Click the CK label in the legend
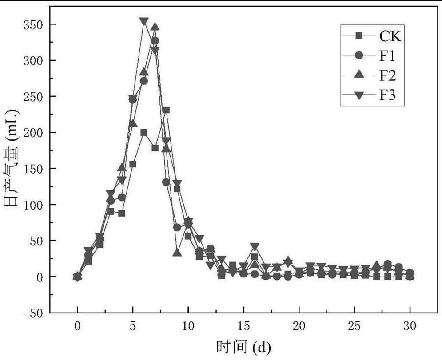click(x=390, y=36)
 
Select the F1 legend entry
click(x=387, y=56)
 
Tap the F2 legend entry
click(x=387, y=76)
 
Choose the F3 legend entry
click(x=387, y=96)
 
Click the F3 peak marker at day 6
click(x=144, y=21)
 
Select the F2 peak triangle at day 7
click(x=155, y=27)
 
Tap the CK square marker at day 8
click(x=166, y=110)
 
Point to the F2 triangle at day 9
click(x=177, y=253)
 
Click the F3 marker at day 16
click(x=255, y=246)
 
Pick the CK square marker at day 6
click(x=144, y=132)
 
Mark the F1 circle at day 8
click(x=166, y=182)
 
